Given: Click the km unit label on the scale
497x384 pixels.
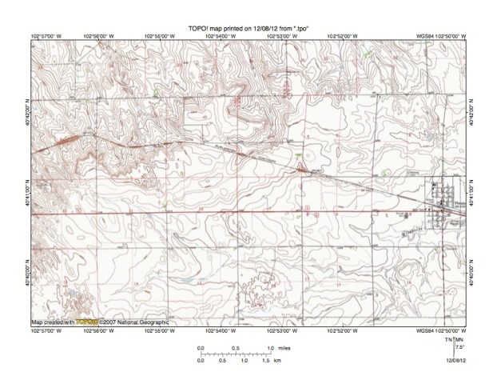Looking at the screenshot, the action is pos(276,361).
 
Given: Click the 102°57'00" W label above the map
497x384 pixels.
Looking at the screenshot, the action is pos(50,36).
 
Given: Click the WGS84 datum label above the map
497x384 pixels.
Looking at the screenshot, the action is pos(419,36).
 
